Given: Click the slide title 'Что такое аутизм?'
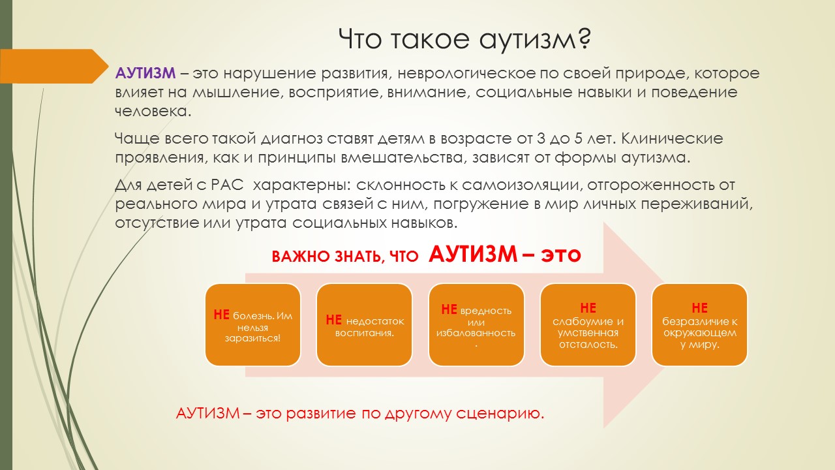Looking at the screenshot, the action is click(x=464, y=39).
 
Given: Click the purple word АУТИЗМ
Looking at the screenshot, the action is click(x=145, y=73).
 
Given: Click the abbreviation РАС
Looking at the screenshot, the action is click(x=227, y=185).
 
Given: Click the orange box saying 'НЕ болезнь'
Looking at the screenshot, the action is click(x=252, y=325).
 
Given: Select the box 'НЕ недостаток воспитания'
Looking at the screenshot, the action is click(x=364, y=325).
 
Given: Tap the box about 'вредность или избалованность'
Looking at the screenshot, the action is click(x=476, y=325).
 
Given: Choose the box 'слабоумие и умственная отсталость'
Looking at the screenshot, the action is click(x=588, y=325).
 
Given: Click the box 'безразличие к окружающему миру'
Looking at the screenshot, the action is click(x=699, y=325).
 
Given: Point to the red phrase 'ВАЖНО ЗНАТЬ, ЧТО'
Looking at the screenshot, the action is click(x=345, y=257).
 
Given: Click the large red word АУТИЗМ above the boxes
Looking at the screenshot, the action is click(x=473, y=255).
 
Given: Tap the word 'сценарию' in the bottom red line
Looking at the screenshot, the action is click(x=500, y=414).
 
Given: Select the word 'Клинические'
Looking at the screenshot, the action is click(x=672, y=139).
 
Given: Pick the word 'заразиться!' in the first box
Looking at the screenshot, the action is click(x=252, y=339).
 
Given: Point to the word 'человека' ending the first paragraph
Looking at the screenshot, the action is click(x=153, y=112).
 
